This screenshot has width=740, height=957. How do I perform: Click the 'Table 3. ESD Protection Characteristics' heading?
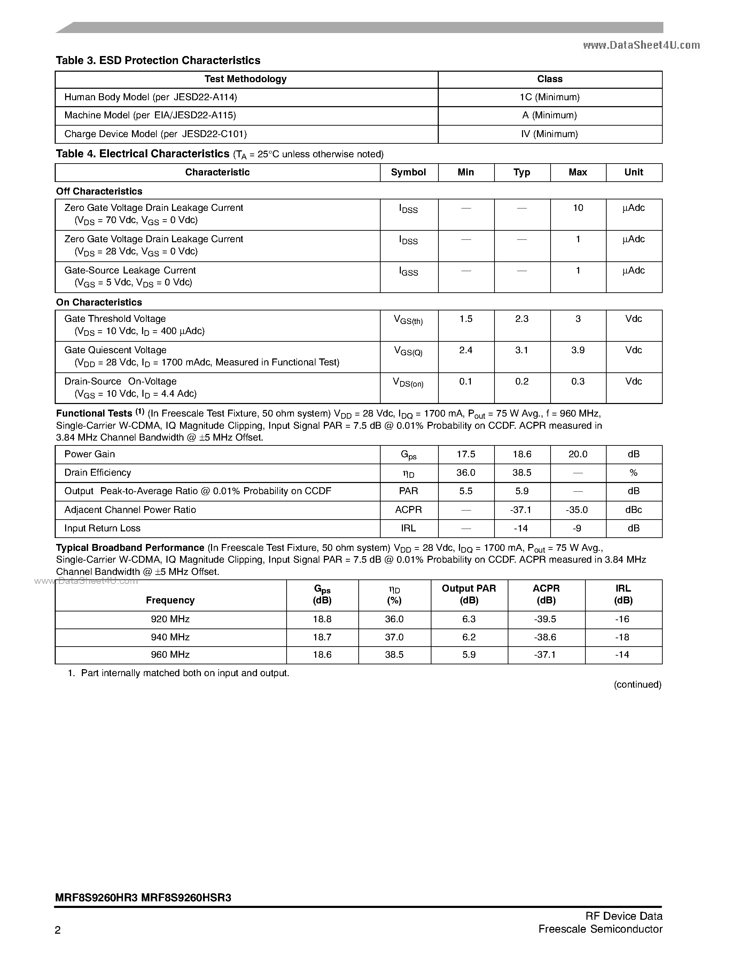click(158, 61)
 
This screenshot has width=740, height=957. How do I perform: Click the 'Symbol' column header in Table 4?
click(408, 172)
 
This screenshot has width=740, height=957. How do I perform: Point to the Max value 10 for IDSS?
click(578, 208)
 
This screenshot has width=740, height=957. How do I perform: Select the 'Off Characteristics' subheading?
click(99, 191)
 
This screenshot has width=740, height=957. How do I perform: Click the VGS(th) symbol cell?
click(408, 320)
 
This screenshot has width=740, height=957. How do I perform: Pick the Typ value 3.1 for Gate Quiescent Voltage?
click(522, 350)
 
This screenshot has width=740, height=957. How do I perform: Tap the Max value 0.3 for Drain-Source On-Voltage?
click(578, 382)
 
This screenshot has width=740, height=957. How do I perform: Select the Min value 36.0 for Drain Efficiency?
click(466, 473)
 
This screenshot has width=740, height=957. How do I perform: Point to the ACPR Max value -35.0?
click(578, 510)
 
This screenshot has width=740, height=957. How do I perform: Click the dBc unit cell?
click(633, 510)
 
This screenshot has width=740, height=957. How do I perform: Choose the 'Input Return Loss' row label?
click(102, 529)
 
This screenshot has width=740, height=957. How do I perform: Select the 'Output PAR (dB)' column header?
click(469, 595)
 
